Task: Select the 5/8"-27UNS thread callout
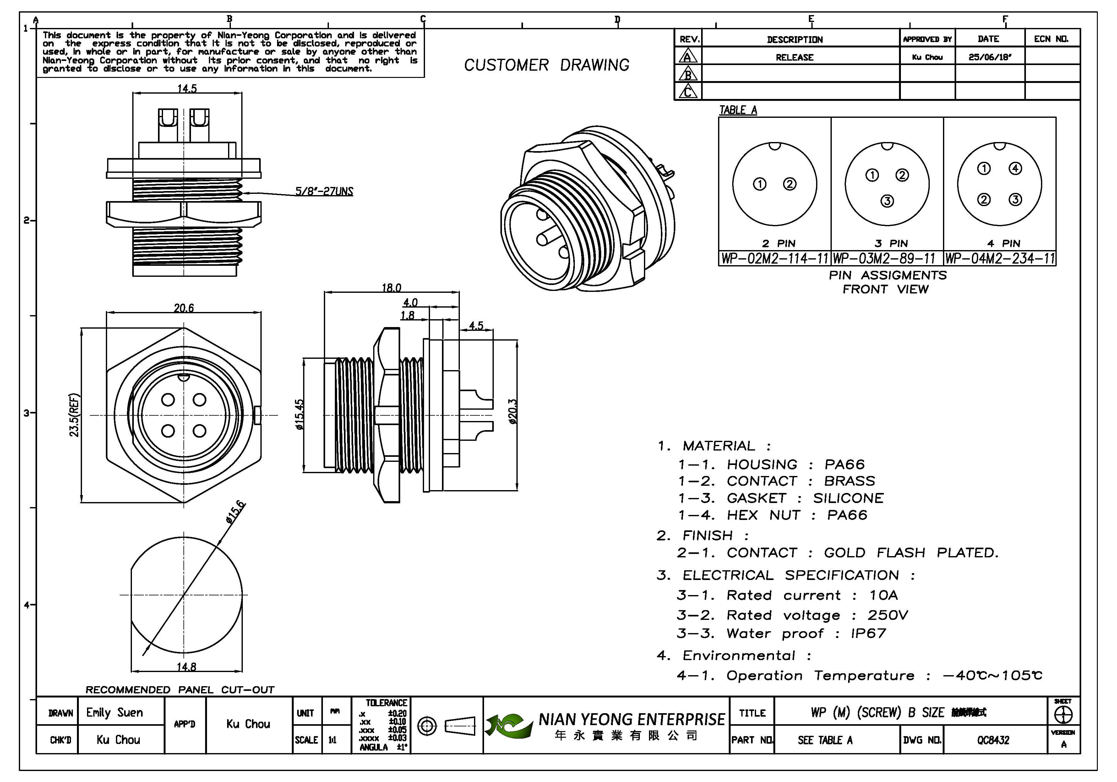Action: (x=324, y=191)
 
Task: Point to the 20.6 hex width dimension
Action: (x=184, y=308)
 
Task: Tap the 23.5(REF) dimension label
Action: (x=74, y=415)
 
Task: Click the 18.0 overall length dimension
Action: (x=391, y=287)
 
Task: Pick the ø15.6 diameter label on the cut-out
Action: (x=236, y=512)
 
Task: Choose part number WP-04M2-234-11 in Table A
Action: (x=1000, y=258)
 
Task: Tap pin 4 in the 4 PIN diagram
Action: (x=1015, y=168)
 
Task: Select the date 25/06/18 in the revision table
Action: (x=989, y=57)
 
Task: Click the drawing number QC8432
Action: (x=993, y=740)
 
